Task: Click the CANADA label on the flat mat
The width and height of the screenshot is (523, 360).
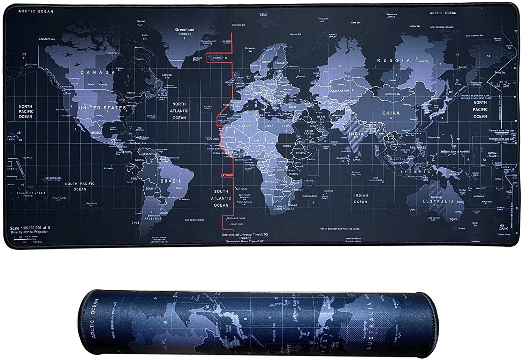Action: pos(98,72)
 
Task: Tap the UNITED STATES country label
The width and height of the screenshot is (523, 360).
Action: pos(102,108)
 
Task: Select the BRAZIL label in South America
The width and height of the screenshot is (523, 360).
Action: pos(171,181)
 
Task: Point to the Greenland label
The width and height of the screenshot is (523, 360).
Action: pos(184,30)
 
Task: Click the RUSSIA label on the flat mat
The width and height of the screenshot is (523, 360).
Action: pos(394,60)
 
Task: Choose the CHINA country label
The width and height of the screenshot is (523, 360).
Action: pos(391,113)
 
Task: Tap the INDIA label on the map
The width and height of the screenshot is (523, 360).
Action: pos(356,134)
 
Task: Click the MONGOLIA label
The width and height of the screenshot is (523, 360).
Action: pos(392,94)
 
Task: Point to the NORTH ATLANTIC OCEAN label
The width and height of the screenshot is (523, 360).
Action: pos(179,111)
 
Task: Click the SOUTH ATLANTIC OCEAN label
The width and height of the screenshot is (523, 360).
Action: pos(221,198)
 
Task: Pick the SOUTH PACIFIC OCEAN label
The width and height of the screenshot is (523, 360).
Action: pos(80,186)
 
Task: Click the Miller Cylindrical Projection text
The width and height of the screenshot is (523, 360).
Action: pos(30,232)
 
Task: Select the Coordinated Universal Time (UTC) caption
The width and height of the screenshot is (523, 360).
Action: pos(245,235)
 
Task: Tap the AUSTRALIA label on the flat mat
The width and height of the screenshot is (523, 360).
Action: pos(438,202)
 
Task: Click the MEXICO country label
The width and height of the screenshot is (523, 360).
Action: pos(96,133)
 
